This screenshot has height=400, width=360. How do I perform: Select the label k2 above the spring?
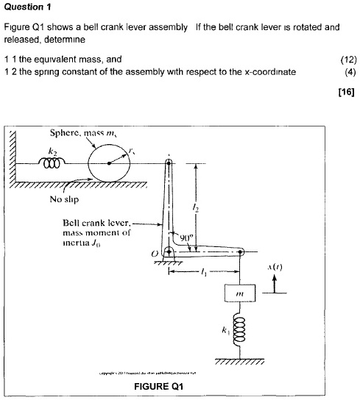pyautogui.click(x=52, y=150)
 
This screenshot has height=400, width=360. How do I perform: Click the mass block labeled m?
pyautogui.click(x=239, y=293)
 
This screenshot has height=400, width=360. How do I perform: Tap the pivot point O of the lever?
pyautogui.click(x=169, y=252)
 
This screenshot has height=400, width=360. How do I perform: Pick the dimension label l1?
pyautogui.click(x=203, y=272)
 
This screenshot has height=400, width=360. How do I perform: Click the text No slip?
pyautogui.click(x=63, y=199)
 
